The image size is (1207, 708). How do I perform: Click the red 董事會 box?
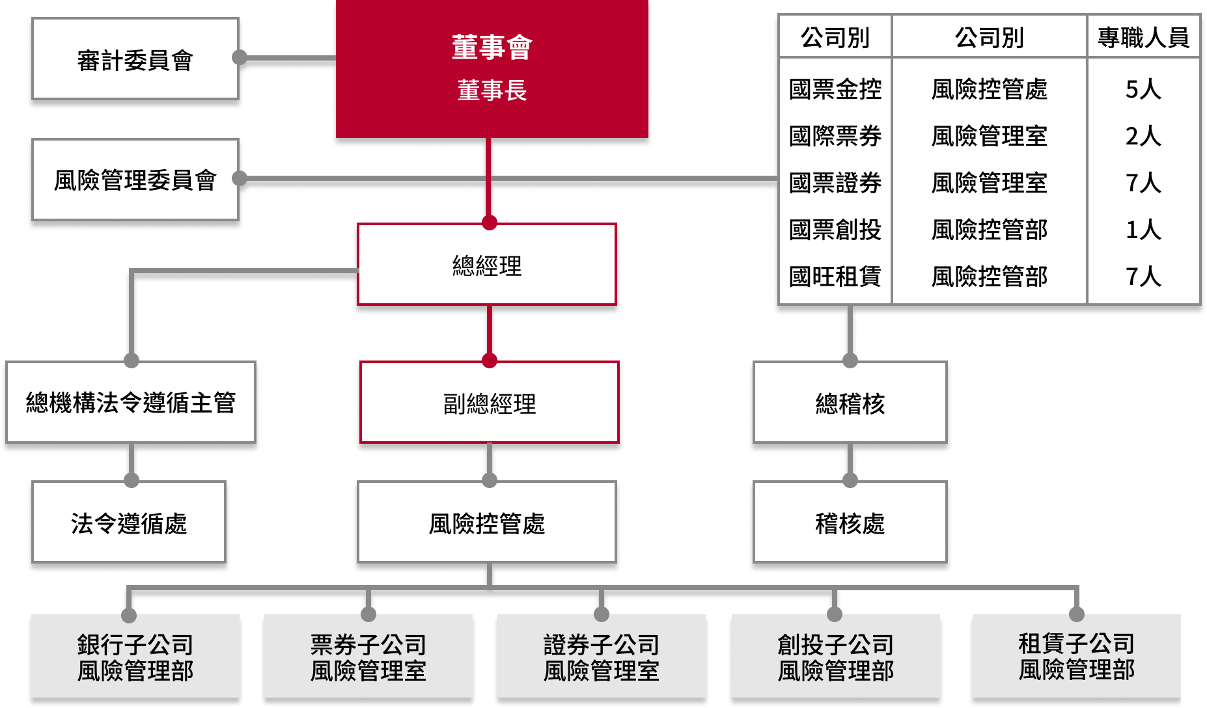pos(492,68)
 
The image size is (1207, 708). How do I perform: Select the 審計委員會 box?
pos(135,59)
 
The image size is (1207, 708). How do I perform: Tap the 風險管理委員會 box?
pos(135,180)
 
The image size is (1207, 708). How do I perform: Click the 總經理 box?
pos(487,265)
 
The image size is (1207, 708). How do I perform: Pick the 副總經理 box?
pos(489,403)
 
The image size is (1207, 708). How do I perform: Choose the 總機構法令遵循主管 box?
pos(131,402)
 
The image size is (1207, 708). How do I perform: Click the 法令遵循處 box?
pos(129,523)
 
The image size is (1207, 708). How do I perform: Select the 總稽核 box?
pos(850,403)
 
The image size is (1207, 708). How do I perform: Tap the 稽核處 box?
pos(850,523)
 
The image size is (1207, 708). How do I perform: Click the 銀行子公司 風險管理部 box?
pos(135,657)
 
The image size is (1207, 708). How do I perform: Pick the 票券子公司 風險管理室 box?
pos(368,657)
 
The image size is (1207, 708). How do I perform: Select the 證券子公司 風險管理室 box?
pos(602,657)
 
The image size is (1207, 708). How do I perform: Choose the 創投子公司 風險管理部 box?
pos(835,657)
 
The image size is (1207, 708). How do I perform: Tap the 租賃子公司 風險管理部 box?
pos(1076,656)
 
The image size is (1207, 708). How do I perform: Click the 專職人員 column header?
pos(1143,37)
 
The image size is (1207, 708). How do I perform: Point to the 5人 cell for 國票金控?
pos(1143,88)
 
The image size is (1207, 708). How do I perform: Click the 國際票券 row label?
pos(835,136)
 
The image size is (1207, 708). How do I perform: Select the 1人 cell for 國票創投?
pos(1143,229)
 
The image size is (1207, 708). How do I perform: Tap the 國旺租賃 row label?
pos(835,277)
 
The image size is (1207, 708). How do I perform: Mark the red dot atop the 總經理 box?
pos(489,223)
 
